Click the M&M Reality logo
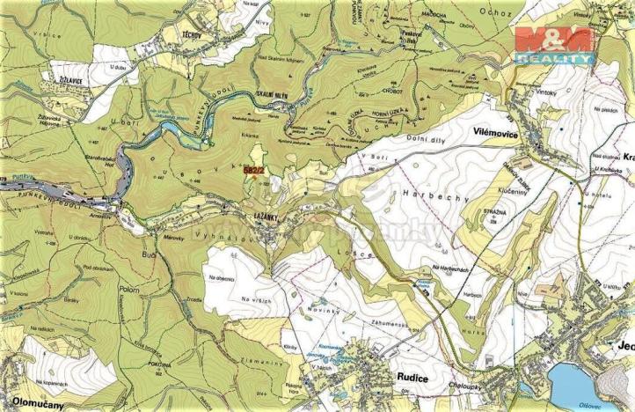(x=553, y=44)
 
